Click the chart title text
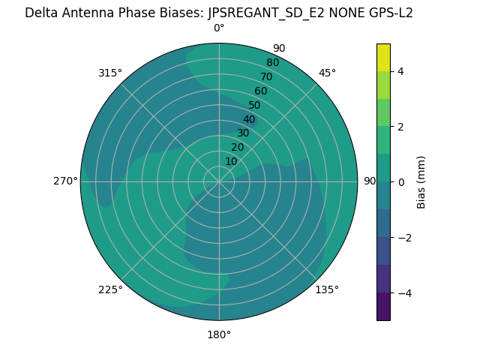(x=219, y=13)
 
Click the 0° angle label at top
(x=219, y=28)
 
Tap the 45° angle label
(x=327, y=73)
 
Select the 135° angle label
(x=327, y=289)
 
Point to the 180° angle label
(x=219, y=334)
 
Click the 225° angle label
(x=110, y=289)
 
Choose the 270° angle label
(x=66, y=181)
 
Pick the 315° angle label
(x=110, y=73)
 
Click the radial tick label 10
(x=231, y=161)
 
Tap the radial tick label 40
(x=249, y=119)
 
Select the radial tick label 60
(x=260, y=91)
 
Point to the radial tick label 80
(x=272, y=63)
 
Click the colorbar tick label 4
(x=401, y=71)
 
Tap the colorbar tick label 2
(x=401, y=127)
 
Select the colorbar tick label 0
(x=401, y=182)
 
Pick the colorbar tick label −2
(x=404, y=238)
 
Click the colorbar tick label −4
(x=404, y=293)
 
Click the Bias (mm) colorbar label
(x=421, y=182)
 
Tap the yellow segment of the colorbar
(x=383, y=58)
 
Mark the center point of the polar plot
(x=219, y=181)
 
